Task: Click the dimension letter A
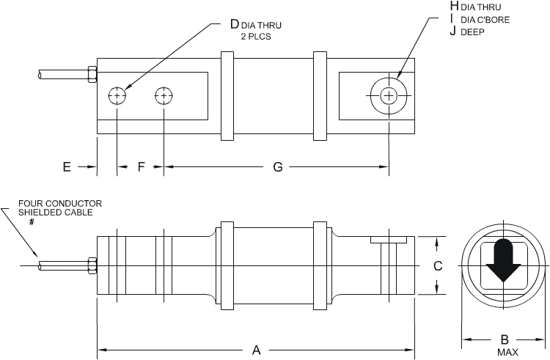point(257,350)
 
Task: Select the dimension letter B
point(504,339)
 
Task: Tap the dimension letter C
point(438,267)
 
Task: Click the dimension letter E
point(67,167)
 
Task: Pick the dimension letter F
point(141,167)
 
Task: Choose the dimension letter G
point(277,167)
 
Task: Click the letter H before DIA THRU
point(454,7)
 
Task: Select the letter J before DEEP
point(454,32)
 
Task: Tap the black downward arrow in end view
point(503,260)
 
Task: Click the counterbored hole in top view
point(389,95)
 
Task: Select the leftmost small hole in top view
point(117,96)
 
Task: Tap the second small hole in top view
point(164,96)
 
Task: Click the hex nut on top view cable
point(92,74)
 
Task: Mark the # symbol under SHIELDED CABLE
point(32,221)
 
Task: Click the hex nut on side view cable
point(92,265)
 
